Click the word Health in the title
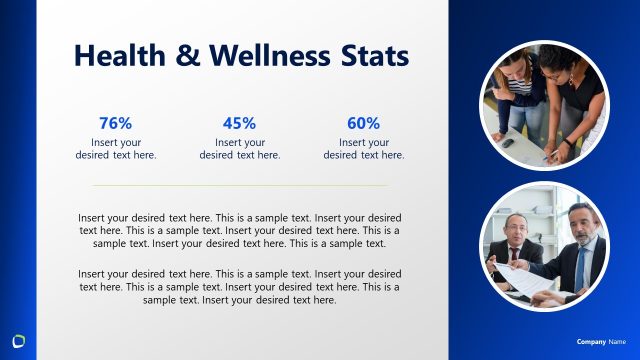(x=119, y=56)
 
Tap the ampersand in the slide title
(x=188, y=56)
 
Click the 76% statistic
(x=116, y=123)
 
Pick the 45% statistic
(x=240, y=123)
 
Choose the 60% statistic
(x=364, y=123)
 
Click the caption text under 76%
(x=116, y=148)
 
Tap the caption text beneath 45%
(x=240, y=148)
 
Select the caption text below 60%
(x=364, y=148)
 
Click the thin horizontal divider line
(x=240, y=185)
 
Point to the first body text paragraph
(x=240, y=230)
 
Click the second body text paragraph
(x=240, y=286)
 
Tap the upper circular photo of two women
(x=545, y=105)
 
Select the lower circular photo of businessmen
(x=545, y=246)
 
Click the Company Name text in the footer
(x=601, y=342)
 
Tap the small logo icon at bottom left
(x=19, y=338)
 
